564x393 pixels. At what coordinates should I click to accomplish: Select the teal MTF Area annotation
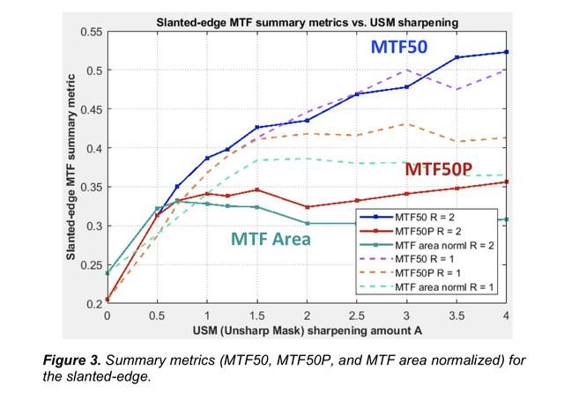click(x=271, y=239)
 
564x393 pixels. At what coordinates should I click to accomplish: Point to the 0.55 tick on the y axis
click(x=90, y=32)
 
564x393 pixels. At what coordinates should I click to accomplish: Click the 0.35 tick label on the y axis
click(x=90, y=187)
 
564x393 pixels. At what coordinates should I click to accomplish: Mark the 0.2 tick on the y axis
click(x=93, y=304)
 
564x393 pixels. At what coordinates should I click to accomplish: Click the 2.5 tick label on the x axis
click(x=357, y=315)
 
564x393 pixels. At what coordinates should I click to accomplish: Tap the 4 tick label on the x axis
click(x=506, y=315)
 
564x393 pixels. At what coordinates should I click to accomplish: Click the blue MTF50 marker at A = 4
click(x=506, y=52)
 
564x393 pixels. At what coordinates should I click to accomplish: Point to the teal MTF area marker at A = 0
click(x=108, y=272)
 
